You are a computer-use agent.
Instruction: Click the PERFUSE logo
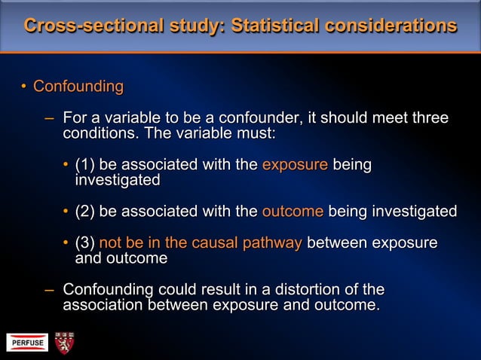pyautogui.click(x=28, y=343)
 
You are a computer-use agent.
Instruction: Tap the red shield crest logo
pyautogui.click(x=64, y=343)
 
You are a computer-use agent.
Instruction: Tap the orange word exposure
pyautogui.click(x=295, y=165)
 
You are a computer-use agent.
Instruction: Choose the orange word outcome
pyautogui.click(x=293, y=212)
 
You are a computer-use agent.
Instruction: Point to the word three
pyautogui.click(x=427, y=118)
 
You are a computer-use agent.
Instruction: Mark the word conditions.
pyautogui.click(x=96, y=134)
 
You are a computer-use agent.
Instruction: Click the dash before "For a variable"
pyautogui.click(x=49, y=118)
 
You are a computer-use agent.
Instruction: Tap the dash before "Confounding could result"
pyautogui.click(x=49, y=290)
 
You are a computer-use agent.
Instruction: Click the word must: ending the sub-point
pyautogui.click(x=256, y=134)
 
